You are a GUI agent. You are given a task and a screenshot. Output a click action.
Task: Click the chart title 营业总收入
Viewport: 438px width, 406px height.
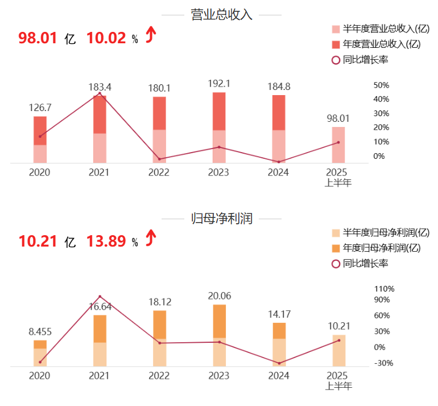(221, 15)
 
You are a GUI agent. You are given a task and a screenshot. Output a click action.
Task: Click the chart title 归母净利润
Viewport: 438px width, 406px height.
(221, 219)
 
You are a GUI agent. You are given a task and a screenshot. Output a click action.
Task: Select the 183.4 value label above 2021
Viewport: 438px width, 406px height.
(100, 87)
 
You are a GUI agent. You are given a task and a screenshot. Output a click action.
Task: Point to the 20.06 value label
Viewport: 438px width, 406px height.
(219, 296)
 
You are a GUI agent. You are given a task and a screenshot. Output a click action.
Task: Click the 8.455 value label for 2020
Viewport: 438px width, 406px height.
(40, 331)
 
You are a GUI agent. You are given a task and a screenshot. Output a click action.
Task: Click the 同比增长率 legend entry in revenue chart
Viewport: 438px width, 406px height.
(366, 59)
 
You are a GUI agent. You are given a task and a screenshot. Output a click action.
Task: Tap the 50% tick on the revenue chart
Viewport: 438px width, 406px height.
(381, 85)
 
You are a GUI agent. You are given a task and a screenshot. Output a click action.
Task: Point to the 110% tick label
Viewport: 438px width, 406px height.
(383, 289)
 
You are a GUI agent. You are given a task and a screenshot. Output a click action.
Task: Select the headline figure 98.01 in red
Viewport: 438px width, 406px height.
(38, 38)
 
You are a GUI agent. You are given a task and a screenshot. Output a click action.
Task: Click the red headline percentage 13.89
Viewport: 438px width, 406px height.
(106, 241)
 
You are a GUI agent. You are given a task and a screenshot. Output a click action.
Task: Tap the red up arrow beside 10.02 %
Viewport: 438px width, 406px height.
(150, 34)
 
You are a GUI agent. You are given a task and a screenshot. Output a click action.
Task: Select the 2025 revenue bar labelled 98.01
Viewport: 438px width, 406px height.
(338, 145)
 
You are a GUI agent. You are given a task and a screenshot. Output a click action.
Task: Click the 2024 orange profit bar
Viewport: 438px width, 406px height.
(279, 331)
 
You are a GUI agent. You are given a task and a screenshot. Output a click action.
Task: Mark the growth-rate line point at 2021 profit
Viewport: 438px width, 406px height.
(100, 297)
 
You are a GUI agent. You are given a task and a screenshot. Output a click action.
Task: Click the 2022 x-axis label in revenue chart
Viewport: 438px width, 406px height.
(159, 172)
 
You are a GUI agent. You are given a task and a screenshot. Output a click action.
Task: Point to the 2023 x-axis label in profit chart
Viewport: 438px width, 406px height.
(219, 376)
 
